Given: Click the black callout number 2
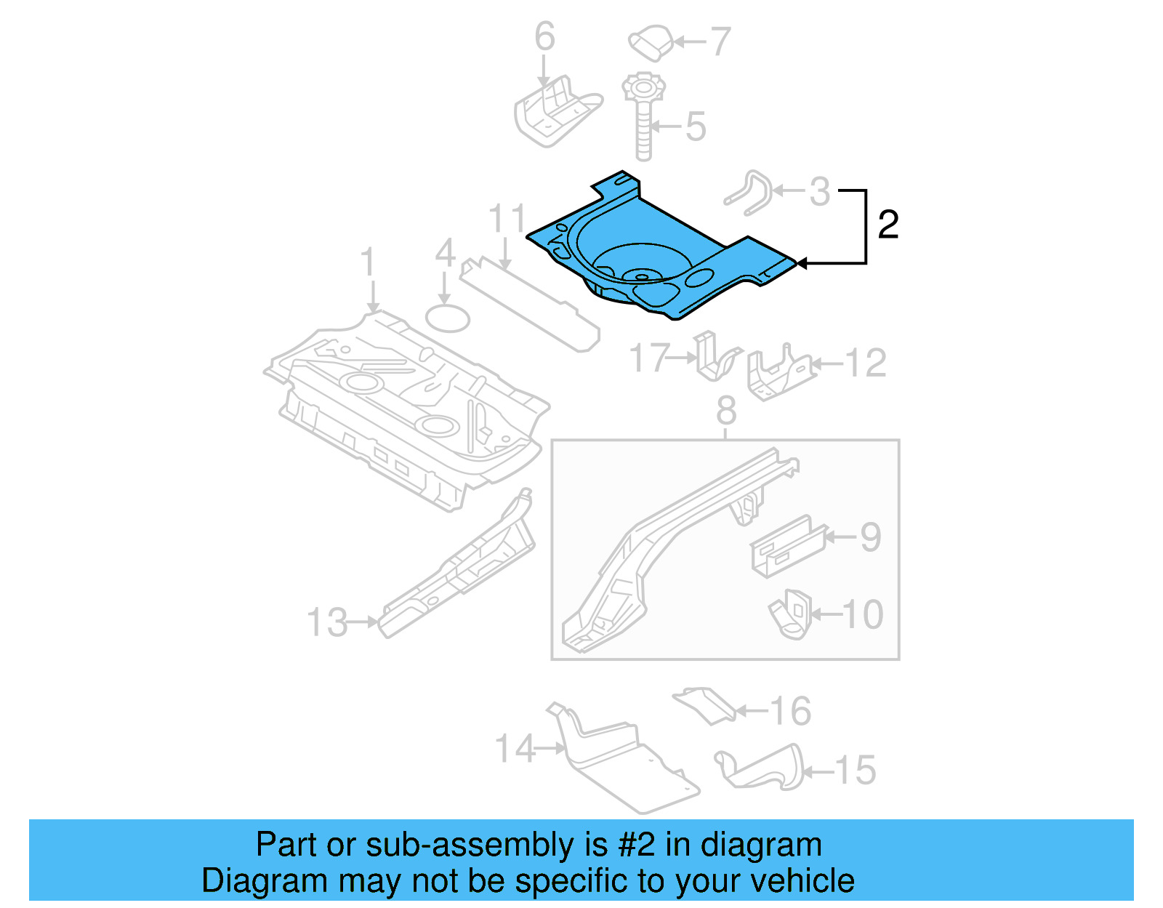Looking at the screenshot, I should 888,225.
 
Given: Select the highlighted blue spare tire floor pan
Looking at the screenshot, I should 654,254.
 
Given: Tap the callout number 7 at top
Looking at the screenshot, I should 720,42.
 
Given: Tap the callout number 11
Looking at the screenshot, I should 507,218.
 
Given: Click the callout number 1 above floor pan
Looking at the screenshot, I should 369,262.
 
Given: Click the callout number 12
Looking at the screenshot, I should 866,363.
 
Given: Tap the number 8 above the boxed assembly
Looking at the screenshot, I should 726,411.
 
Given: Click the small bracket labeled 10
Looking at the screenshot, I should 789,615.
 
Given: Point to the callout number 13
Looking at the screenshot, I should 327,623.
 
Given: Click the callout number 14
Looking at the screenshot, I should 515,748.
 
